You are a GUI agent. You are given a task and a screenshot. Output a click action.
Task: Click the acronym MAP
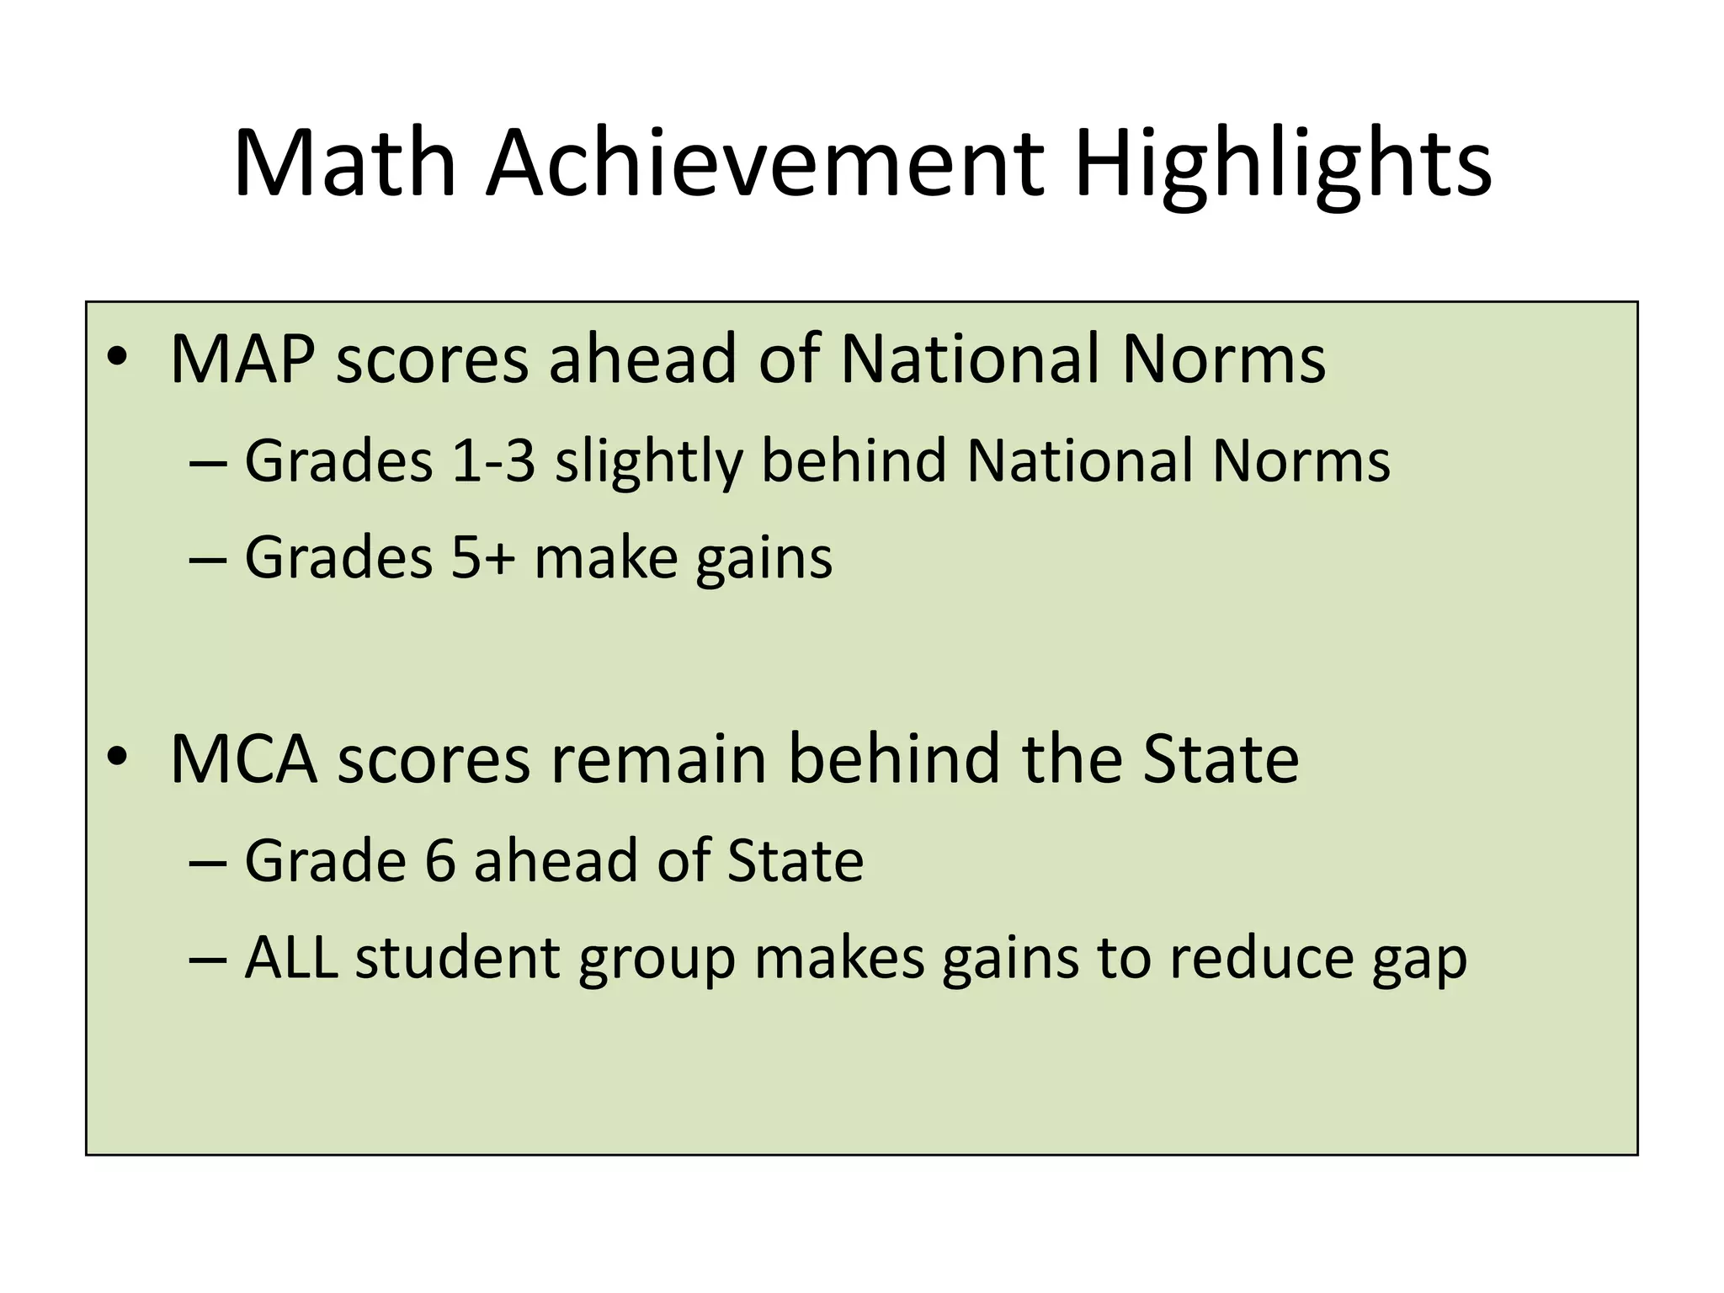click(242, 359)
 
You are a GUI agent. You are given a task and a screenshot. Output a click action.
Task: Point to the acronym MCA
click(244, 759)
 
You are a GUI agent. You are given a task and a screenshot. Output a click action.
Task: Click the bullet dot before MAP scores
click(117, 359)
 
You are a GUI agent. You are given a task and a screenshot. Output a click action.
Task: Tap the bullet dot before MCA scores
click(117, 758)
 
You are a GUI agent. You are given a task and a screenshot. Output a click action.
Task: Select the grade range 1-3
click(493, 461)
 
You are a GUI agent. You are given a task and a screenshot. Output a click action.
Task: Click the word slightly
click(648, 463)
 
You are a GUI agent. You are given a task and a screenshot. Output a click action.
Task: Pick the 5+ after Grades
click(482, 557)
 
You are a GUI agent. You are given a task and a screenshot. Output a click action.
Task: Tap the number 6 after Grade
click(439, 860)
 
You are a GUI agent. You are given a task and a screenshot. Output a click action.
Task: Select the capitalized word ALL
click(291, 958)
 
